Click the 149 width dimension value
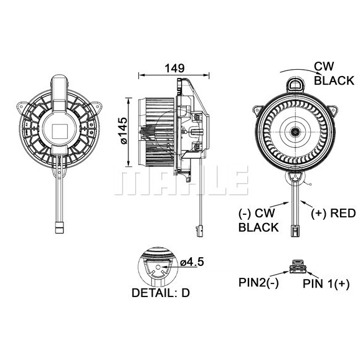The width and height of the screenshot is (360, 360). [174, 68]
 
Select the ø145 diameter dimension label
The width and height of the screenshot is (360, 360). [123, 131]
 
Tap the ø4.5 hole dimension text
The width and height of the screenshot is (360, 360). [192, 262]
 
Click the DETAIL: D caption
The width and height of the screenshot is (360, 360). [161, 293]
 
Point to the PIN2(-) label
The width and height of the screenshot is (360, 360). [258, 282]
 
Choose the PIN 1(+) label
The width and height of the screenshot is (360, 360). [326, 283]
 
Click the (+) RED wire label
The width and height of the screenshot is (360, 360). [333, 214]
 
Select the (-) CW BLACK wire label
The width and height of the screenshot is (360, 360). [258, 220]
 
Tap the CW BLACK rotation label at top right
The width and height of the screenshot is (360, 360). [334, 73]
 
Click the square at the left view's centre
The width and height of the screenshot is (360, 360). [60, 131]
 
